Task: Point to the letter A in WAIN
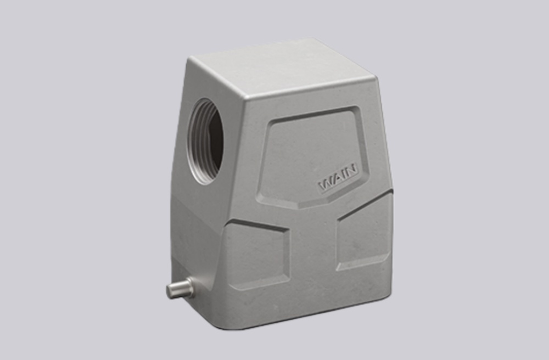(x=335, y=179)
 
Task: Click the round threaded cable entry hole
(x=206, y=140)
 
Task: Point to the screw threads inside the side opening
(x=196, y=142)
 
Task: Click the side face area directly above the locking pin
(x=187, y=241)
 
